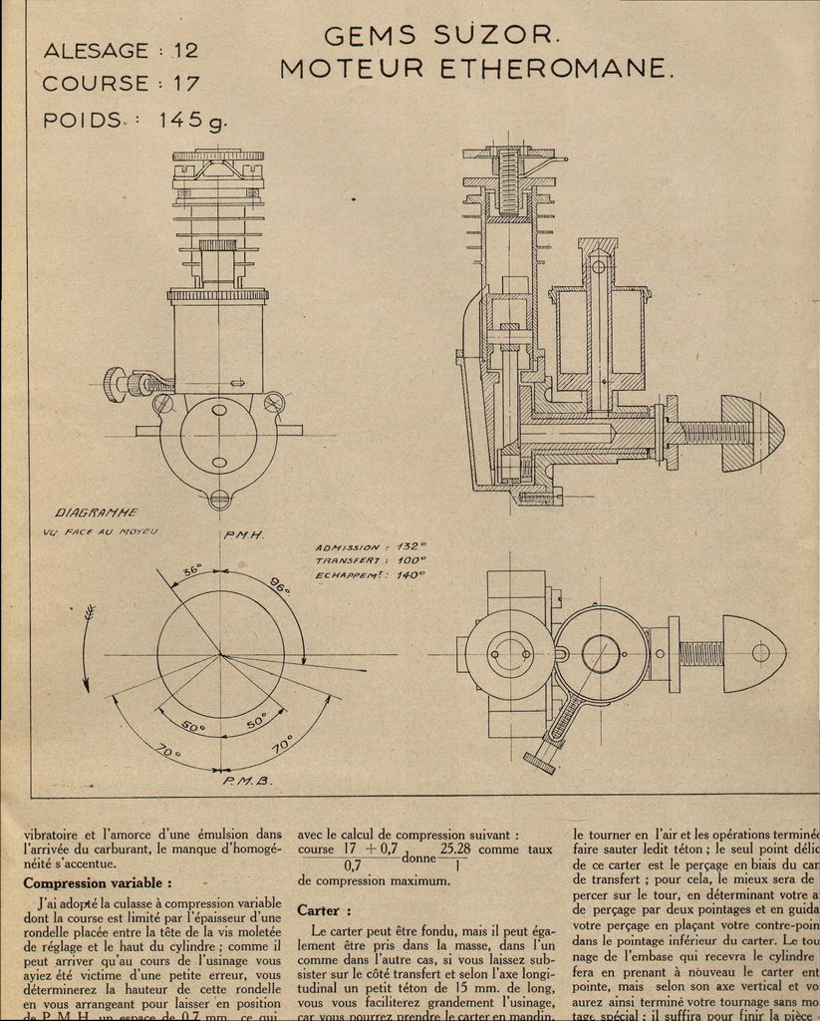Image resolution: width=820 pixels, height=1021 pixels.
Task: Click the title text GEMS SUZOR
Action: pos(442,36)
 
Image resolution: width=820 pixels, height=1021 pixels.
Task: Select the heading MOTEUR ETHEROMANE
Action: pos(476,69)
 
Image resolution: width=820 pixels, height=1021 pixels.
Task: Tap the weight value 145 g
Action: pos(192,121)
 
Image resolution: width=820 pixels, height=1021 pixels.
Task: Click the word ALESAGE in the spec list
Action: pos(96,50)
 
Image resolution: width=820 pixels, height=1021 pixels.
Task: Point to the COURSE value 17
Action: pos(185,84)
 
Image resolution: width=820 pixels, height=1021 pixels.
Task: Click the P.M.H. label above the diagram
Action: pos(243,535)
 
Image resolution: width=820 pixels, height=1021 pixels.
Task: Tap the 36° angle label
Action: pos(190,570)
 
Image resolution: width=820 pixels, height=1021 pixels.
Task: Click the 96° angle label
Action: pos(279,586)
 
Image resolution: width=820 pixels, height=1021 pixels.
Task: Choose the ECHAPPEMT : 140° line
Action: pos(370,574)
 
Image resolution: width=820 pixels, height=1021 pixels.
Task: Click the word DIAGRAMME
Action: pos(96,512)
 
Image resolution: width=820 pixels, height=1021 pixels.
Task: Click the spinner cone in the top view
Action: pos(754,653)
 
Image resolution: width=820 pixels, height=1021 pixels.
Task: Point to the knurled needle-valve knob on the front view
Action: pos(116,384)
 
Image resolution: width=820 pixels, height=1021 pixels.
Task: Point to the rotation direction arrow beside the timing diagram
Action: pos(87,648)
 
